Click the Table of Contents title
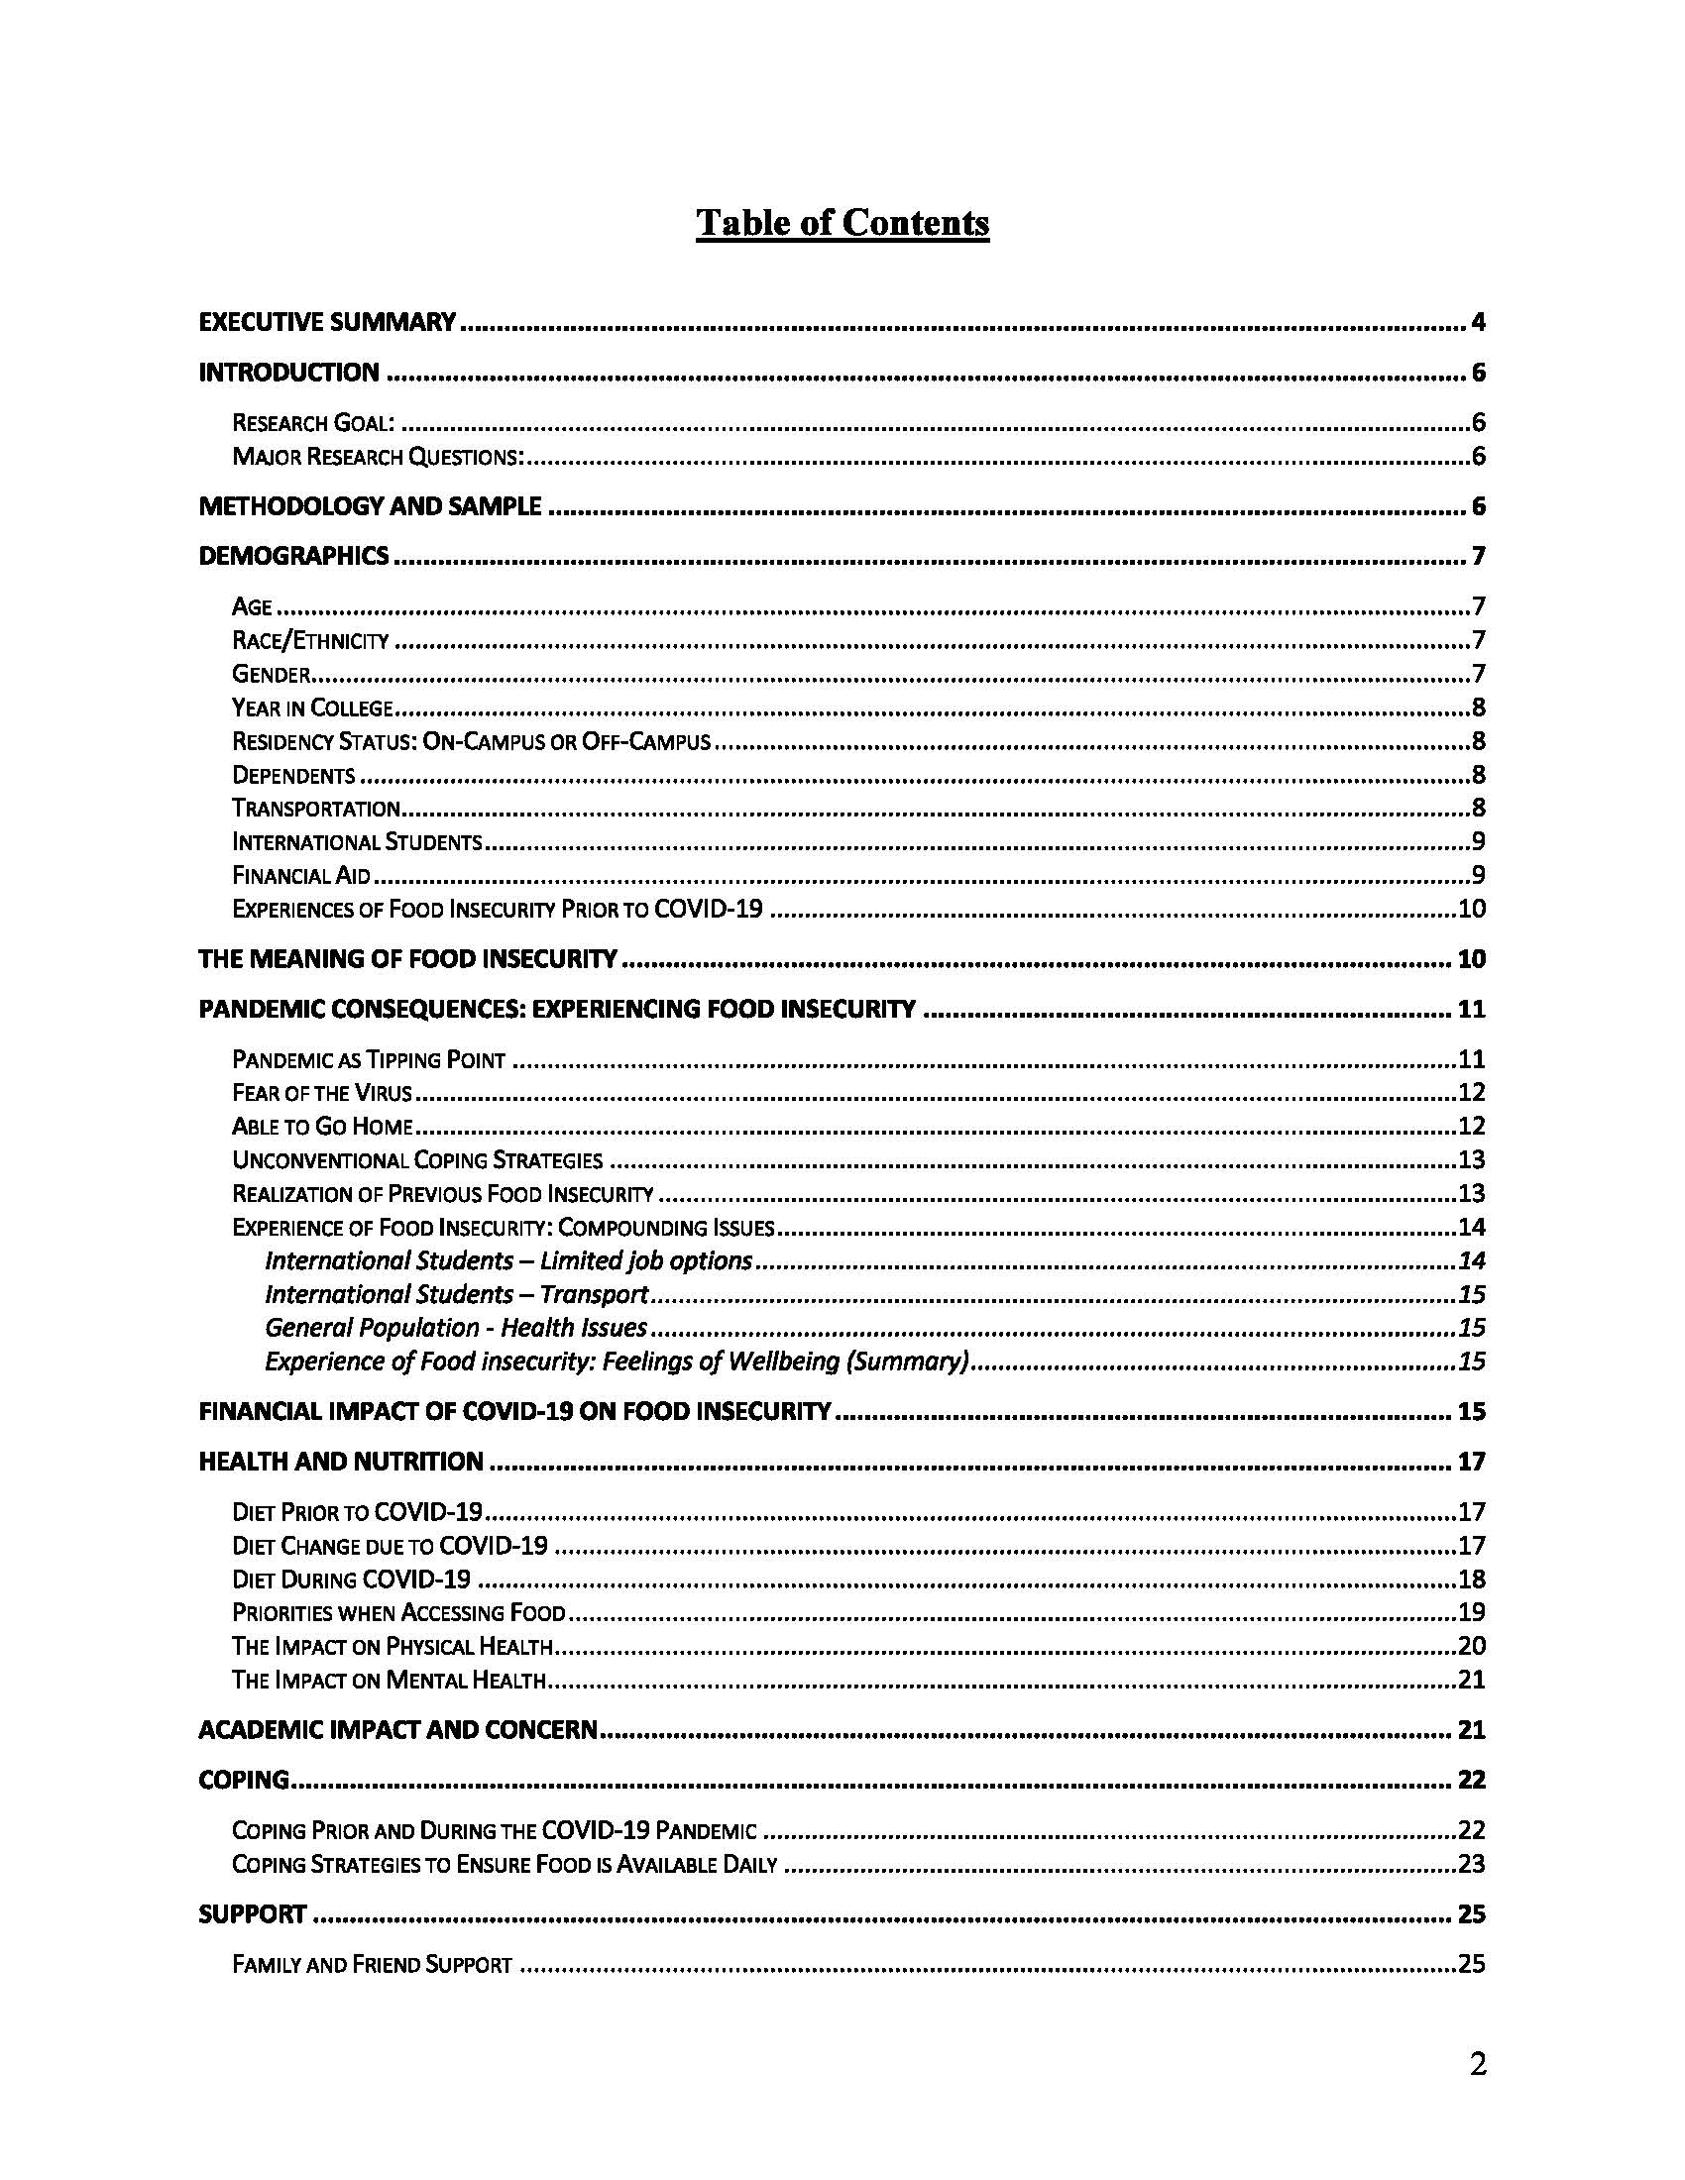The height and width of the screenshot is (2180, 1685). [x=842, y=223]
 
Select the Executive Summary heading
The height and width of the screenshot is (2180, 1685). [x=327, y=322]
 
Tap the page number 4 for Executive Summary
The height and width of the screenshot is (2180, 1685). [x=1478, y=322]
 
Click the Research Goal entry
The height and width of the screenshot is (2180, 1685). [x=312, y=423]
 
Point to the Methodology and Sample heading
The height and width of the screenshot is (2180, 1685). [x=371, y=507]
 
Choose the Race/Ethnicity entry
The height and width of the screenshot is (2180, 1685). [x=310, y=641]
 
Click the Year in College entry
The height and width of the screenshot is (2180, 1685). [x=312, y=708]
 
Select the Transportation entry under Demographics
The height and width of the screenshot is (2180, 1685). [x=316, y=809]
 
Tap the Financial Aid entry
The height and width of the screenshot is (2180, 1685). [x=301, y=875]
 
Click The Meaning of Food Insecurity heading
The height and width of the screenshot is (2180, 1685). [x=408, y=959]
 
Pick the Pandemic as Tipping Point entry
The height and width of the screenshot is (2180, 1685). [x=369, y=1060]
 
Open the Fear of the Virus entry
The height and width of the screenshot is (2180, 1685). [x=321, y=1093]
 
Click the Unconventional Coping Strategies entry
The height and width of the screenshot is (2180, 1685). [x=417, y=1160]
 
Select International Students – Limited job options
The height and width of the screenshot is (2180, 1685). [x=508, y=1260]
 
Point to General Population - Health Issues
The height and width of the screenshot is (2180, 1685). [x=456, y=1328]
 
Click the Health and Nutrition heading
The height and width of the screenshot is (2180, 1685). [x=341, y=1463]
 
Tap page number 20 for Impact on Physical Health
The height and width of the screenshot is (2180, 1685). [x=1471, y=1646]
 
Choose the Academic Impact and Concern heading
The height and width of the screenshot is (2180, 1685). [x=398, y=1730]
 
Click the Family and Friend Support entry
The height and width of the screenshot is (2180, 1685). [x=372, y=1964]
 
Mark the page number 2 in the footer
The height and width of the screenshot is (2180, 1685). [x=1478, y=2064]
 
